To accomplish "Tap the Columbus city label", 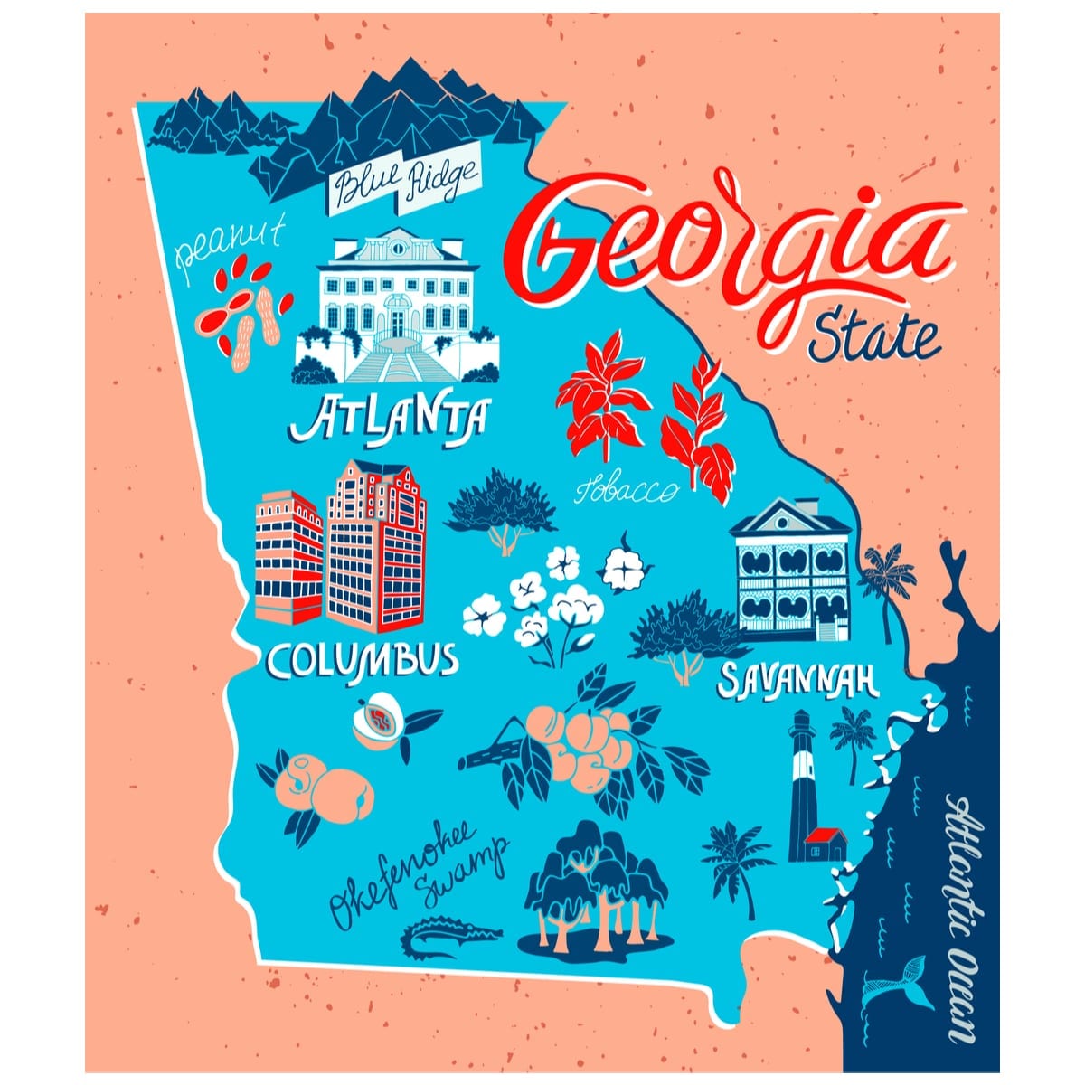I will click(362, 660).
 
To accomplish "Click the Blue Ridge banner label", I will click(405, 184).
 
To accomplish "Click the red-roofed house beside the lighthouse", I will click(825, 844).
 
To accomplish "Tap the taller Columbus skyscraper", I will click(375, 542).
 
